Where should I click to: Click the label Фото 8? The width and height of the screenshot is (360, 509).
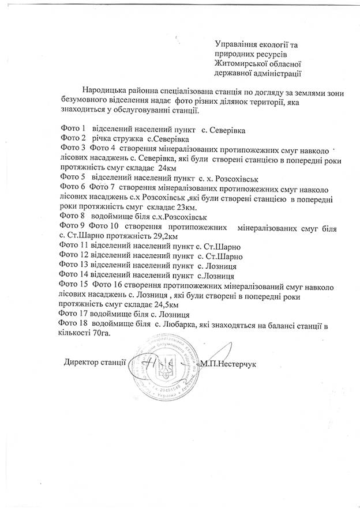pyautogui.click(x=72, y=216)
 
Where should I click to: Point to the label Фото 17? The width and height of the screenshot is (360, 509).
pyautogui.click(x=74, y=314)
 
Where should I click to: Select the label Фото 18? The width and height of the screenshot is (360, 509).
pyautogui.click(x=74, y=324)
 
